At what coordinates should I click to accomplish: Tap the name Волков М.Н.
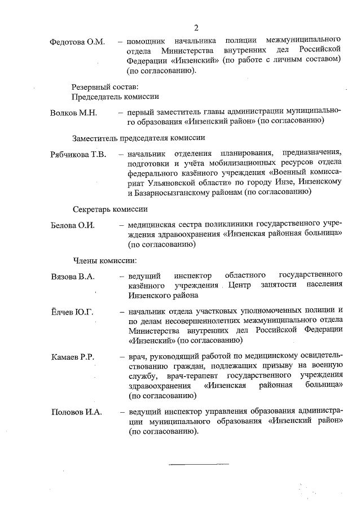click(74, 112)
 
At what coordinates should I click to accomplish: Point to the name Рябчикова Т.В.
click(78, 155)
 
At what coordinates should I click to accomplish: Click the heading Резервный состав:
click(104, 87)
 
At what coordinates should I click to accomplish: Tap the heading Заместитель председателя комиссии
click(138, 138)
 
